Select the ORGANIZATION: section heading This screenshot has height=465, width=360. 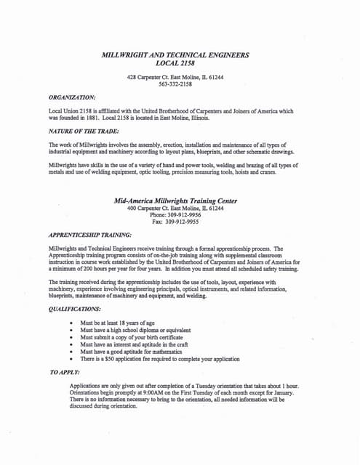coord(71,96)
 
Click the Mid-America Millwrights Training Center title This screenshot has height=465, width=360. coord(175,201)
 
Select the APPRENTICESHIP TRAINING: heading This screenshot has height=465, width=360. coord(89,235)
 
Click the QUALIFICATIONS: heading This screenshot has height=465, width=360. coord(76,309)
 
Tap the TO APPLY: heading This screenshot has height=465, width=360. coord(66,371)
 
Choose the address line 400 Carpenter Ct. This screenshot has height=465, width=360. coord(175,209)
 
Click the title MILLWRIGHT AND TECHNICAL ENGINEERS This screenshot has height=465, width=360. coord(175,55)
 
